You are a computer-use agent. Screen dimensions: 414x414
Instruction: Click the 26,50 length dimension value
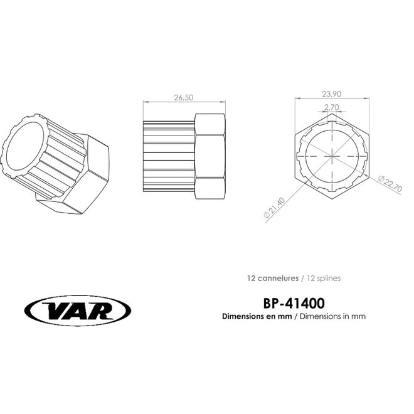(x=184, y=98)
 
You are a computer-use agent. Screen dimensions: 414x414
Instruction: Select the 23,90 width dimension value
(x=332, y=94)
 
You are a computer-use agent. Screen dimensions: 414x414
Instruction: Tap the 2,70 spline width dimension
(x=332, y=107)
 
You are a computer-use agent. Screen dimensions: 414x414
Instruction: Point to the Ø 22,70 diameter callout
(x=390, y=184)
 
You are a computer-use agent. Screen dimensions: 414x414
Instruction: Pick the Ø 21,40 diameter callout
(x=274, y=208)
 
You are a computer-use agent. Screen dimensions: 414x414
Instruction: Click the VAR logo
(x=78, y=310)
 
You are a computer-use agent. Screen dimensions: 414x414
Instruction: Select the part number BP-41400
(x=294, y=304)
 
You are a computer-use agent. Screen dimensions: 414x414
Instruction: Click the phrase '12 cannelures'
(x=273, y=279)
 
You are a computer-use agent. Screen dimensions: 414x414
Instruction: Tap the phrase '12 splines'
(x=324, y=279)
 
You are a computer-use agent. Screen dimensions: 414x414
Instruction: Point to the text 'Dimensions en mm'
(x=257, y=316)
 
